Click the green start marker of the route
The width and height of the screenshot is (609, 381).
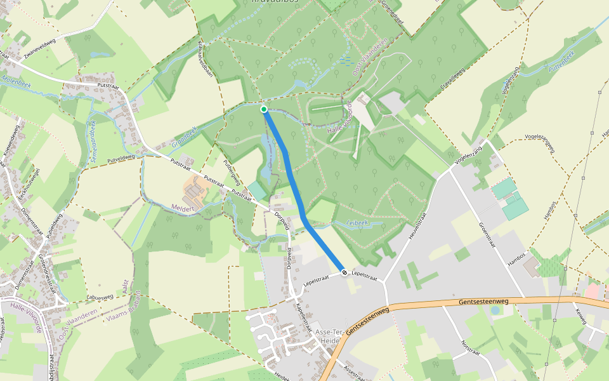(264, 109)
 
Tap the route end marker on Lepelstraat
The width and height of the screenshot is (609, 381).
(344, 272)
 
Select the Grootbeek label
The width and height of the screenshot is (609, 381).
(185, 137)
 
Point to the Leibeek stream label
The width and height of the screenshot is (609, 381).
(358, 223)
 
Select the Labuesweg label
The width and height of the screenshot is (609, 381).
(100, 295)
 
